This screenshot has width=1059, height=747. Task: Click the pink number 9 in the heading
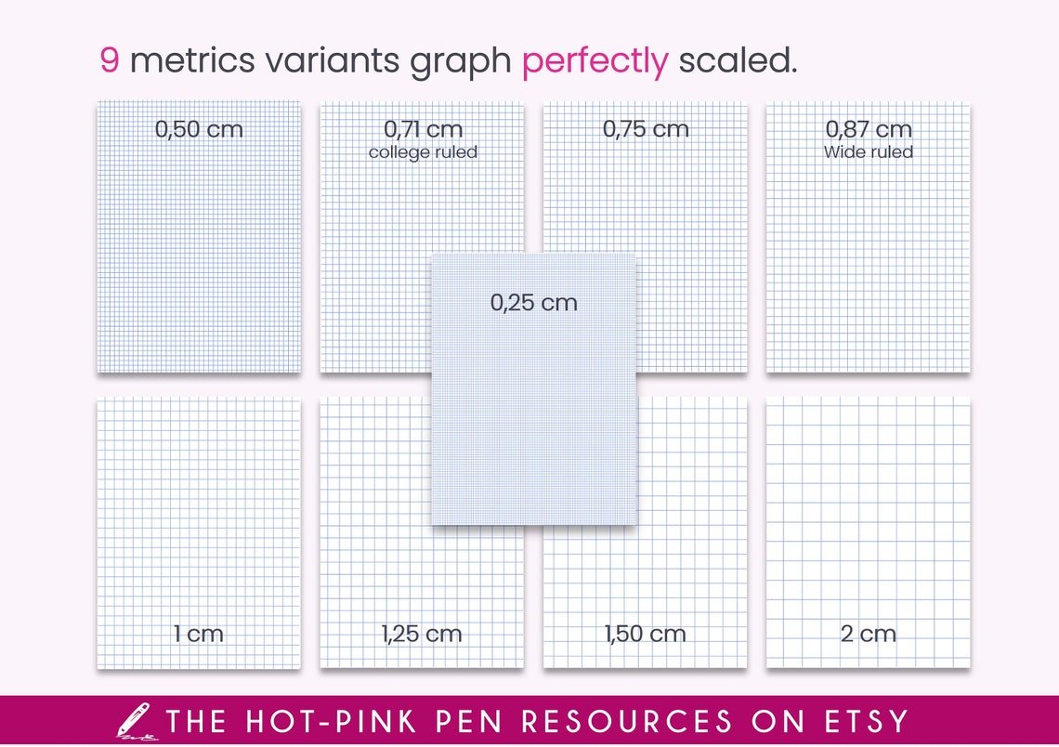(110, 61)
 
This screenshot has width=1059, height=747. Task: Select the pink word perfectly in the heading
(595, 61)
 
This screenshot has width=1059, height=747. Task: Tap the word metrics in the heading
(191, 61)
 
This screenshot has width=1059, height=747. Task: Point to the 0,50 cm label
(199, 130)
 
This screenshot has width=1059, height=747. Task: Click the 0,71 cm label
(423, 130)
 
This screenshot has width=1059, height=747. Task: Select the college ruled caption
(423, 152)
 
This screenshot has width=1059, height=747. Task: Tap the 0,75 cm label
(646, 130)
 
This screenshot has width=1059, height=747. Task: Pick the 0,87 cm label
(869, 130)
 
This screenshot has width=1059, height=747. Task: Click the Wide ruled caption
(869, 152)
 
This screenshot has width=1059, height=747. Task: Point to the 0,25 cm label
(534, 303)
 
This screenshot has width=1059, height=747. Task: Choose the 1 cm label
(199, 635)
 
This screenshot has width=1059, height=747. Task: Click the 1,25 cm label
(421, 635)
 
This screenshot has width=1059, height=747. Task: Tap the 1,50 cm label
(646, 635)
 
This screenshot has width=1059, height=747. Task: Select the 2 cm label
(869, 635)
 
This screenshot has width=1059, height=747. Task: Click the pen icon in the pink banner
(133, 721)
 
